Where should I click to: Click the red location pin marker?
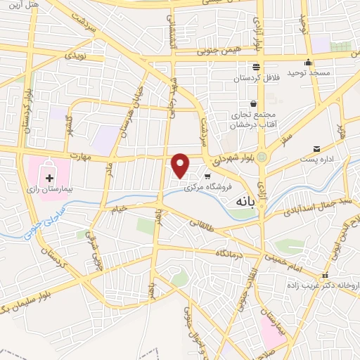[x=181, y=165]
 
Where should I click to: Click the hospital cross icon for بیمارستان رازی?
[x=49, y=173]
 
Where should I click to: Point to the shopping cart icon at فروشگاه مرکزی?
[x=207, y=176]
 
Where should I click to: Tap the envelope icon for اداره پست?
[x=317, y=149]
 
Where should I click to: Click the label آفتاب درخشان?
[x=253, y=124]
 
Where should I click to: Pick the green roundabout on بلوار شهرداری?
[x=262, y=157]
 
